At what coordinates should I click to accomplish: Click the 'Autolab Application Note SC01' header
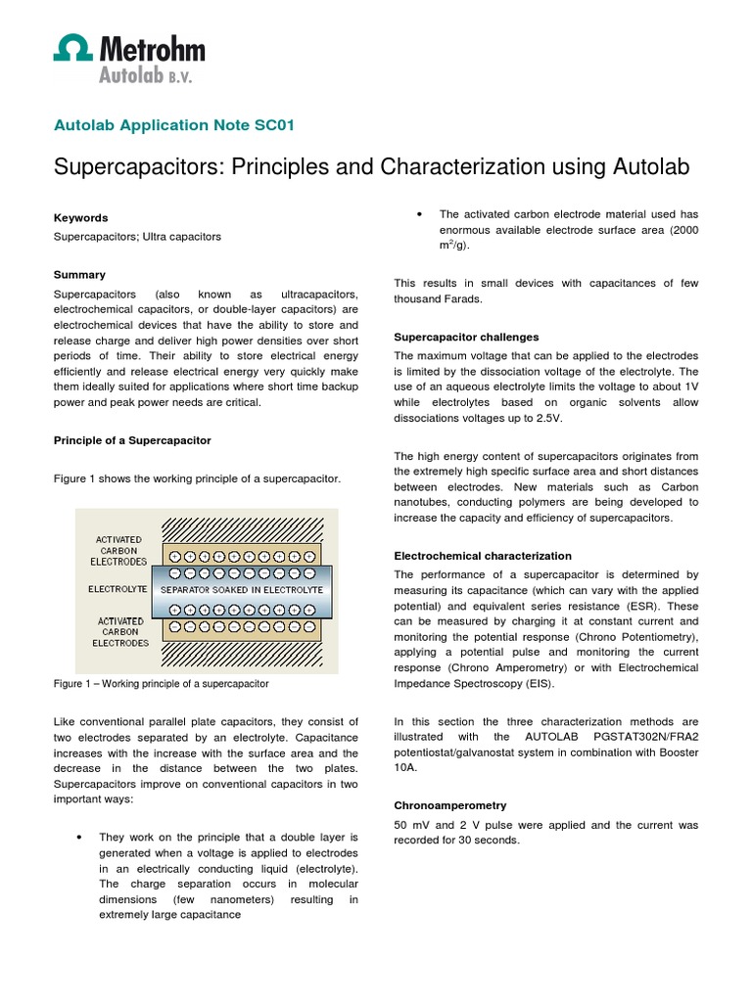tap(173, 124)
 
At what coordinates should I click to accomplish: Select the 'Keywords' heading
tap(80, 218)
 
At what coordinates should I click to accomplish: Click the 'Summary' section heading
tap(79, 275)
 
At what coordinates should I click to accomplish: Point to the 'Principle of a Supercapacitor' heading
tap(132, 440)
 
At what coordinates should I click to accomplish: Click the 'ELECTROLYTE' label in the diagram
tap(117, 590)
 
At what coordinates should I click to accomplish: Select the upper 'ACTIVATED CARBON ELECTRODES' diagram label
tap(119, 550)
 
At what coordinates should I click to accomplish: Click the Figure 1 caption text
tap(161, 683)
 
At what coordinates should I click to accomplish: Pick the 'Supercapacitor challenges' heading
tap(466, 337)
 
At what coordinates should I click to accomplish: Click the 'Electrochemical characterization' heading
tap(483, 556)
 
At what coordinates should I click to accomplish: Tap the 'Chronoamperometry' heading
tap(449, 805)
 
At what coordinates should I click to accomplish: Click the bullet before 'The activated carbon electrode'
tap(419, 213)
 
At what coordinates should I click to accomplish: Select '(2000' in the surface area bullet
tap(679, 229)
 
